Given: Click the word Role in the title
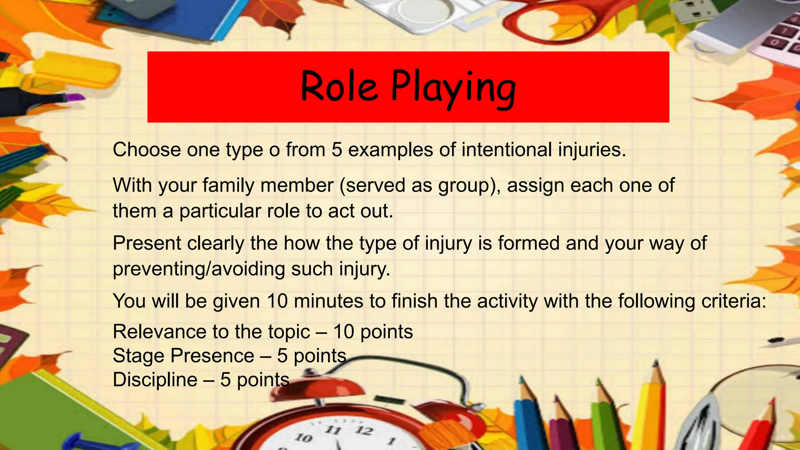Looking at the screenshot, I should point(339,87).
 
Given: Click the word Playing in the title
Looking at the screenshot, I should point(453,88).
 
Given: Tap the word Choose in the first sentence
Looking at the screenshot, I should point(146,150).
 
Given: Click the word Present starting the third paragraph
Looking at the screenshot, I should point(147,243).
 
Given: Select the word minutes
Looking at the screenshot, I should point(328,301).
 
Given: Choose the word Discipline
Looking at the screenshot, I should point(155,380).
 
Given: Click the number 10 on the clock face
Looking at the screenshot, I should point(303,437).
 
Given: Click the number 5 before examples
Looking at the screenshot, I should point(337,150).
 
